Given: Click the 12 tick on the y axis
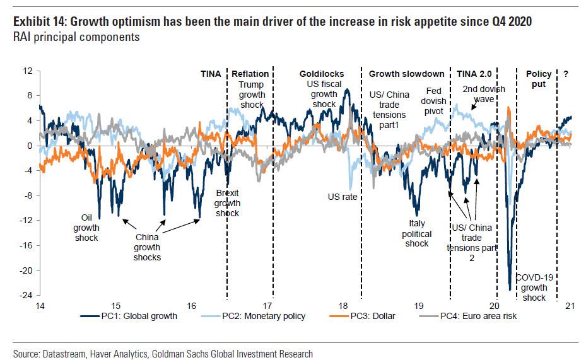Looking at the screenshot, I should [x=27, y=71].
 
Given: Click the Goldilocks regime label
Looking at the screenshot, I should [x=320, y=74].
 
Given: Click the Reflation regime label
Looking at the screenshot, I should [x=250, y=74].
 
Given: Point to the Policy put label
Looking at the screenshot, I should [x=539, y=79].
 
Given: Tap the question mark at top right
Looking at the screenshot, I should [x=566, y=74].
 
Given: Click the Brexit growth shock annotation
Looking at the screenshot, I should [x=227, y=203].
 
